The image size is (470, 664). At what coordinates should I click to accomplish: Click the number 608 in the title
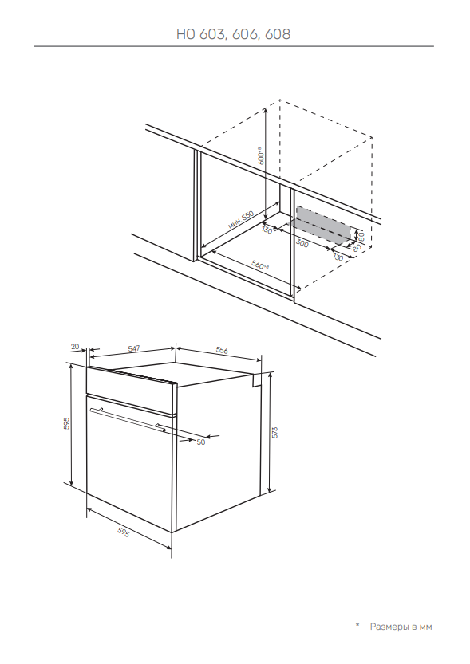pyautogui.click(x=278, y=33)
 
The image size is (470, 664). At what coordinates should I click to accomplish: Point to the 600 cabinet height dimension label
pyautogui.click(x=262, y=155)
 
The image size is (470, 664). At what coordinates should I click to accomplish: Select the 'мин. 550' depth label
pyautogui.click(x=241, y=219)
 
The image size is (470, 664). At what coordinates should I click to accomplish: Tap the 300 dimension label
pyautogui.click(x=302, y=243)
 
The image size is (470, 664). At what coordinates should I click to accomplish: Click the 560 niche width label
pyautogui.click(x=260, y=265)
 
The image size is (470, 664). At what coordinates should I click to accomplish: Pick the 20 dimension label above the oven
pyautogui.click(x=75, y=347)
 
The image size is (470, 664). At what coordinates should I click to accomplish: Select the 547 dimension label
pyautogui.click(x=133, y=348)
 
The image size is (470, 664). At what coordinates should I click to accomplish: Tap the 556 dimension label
pyautogui.click(x=222, y=350)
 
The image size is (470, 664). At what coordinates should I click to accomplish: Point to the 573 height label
pyautogui.click(x=274, y=432)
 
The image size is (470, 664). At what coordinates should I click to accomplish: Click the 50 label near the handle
pyautogui.click(x=201, y=442)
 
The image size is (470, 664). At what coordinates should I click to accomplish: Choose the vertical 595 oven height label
pyautogui.click(x=66, y=423)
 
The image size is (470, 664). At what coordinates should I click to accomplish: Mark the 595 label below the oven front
pyautogui.click(x=123, y=532)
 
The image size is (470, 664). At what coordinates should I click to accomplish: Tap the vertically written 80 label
pyautogui.click(x=361, y=236)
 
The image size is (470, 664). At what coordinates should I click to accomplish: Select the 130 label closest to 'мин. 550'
pyautogui.click(x=267, y=230)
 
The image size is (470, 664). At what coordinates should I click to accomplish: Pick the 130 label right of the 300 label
pyautogui.click(x=338, y=257)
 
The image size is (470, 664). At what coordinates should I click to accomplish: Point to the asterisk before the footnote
pyautogui.click(x=357, y=625)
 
